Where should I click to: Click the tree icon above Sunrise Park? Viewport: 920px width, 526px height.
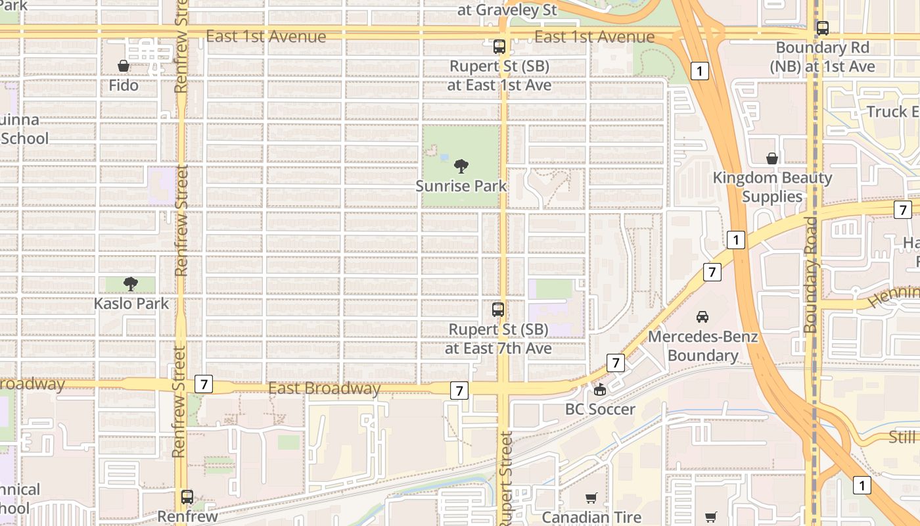click(461, 166)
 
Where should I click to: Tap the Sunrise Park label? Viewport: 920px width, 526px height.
click(461, 186)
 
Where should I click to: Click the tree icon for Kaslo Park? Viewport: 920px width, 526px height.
click(131, 284)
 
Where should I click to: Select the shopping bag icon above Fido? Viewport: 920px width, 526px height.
click(123, 66)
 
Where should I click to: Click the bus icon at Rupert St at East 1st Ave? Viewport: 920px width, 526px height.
click(499, 47)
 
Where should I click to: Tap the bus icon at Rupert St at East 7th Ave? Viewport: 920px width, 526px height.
click(498, 310)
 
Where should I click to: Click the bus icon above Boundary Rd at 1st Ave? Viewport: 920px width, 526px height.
click(822, 28)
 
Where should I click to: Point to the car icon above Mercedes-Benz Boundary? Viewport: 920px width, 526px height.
click(702, 317)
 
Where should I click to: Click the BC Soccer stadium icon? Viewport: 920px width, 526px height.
click(600, 391)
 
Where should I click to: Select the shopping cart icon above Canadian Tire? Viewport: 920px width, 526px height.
click(591, 498)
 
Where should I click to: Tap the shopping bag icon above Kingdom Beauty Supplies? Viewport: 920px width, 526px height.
click(772, 158)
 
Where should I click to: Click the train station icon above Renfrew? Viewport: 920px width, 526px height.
click(187, 497)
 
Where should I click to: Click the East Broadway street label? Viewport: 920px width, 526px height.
click(324, 389)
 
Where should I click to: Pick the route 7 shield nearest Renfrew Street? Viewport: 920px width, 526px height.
click(204, 384)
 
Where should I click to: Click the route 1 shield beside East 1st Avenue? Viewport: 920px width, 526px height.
click(701, 71)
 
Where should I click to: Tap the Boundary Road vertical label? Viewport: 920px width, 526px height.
click(810, 275)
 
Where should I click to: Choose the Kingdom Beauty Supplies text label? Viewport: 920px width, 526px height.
click(772, 187)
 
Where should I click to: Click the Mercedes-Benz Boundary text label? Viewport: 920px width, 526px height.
click(702, 347)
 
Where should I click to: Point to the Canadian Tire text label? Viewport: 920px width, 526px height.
click(591, 517)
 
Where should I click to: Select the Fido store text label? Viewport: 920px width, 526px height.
click(124, 85)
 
